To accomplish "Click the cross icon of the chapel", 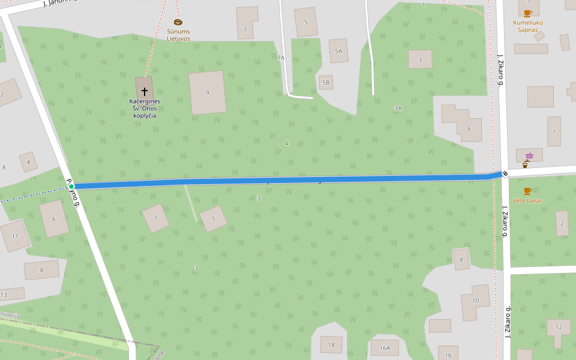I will pyautogui.click(x=145, y=92).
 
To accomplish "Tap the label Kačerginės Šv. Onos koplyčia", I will pyautogui.click(x=144, y=108).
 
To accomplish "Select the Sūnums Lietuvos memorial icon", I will pyautogui.click(x=178, y=22).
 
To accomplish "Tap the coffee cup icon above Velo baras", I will pyautogui.click(x=527, y=191).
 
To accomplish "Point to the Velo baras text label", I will pyautogui.click(x=527, y=200).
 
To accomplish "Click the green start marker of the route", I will pyautogui.click(x=71, y=187).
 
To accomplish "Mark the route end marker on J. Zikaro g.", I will pyautogui.click(x=505, y=173).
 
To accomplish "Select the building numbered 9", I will pyautogui.click(x=208, y=92).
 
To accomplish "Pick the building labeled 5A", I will pyautogui.click(x=338, y=51).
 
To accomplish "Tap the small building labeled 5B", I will pyautogui.click(x=326, y=82).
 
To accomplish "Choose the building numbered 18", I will pyautogui.click(x=331, y=344).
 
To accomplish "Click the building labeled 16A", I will pyautogui.click(x=385, y=347).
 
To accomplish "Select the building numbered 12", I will pyautogui.click(x=559, y=329).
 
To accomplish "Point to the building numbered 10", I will pyautogui.click(x=476, y=302).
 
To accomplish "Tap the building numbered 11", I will pyautogui.click(x=15, y=236).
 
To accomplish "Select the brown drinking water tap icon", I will pyautogui.click(x=526, y=164).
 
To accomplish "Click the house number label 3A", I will pyautogui.click(x=398, y=108).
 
